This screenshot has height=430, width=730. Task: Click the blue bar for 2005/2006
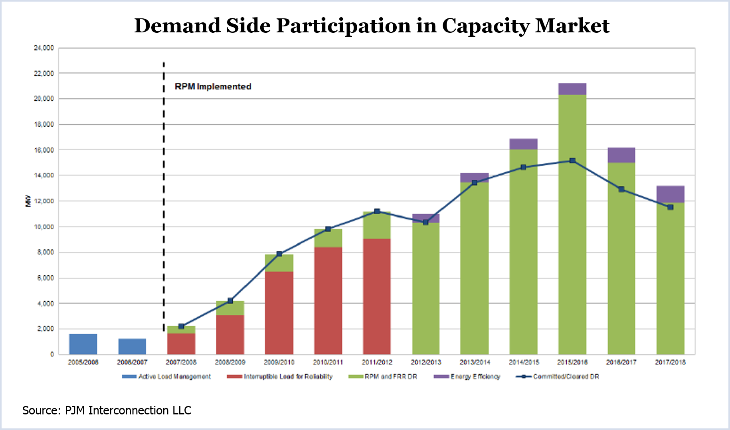pyautogui.click(x=83, y=344)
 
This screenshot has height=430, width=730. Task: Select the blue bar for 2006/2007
pyautogui.click(x=132, y=346)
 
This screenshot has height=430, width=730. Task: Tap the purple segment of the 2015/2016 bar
pyautogui.click(x=572, y=89)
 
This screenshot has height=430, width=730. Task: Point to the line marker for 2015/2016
pyautogui.click(x=572, y=161)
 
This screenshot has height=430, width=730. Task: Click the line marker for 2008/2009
pyautogui.click(x=230, y=301)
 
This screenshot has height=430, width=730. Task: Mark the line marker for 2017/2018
pyautogui.click(x=670, y=207)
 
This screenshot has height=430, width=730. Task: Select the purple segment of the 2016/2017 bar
pyautogui.click(x=621, y=155)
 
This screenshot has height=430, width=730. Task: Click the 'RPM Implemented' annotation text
pyautogui.click(x=213, y=87)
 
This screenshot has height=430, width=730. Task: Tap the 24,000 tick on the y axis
pyautogui.click(x=44, y=48)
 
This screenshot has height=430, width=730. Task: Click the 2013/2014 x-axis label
pyautogui.click(x=475, y=362)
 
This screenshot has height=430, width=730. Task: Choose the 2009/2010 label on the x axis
pyautogui.click(x=279, y=362)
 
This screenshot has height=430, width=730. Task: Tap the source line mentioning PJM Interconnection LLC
pyautogui.click(x=107, y=410)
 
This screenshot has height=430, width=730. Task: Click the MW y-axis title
pyautogui.click(x=28, y=201)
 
